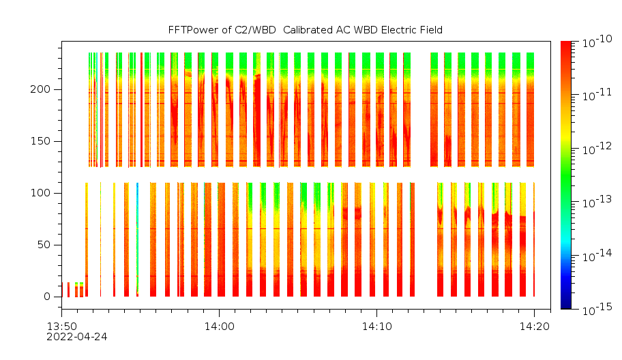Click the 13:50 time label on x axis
(x=61, y=327)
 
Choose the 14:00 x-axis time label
(x=219, y=327)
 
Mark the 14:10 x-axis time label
(x=376, y=327)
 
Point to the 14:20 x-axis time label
(x=534, y=327)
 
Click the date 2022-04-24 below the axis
(x=76, y=336)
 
